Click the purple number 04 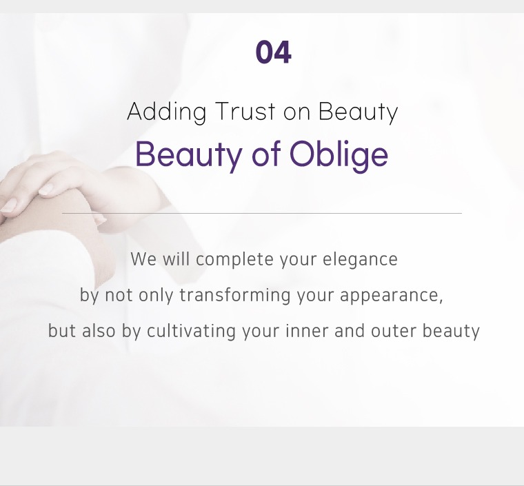tap(273, 52)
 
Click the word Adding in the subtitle tap(166, 112)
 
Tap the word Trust tap(245, 111)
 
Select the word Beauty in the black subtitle tap(359, 112)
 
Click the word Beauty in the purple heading tap(189, 155)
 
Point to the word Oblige tap(339, 155)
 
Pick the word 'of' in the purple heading tap(266, 154)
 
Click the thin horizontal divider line tap(262, 213)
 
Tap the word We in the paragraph tap(143, 259)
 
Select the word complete tap(234, 260)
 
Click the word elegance tap(360, 260)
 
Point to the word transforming tap(235, 296)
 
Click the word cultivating tap(191, 332)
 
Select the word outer tap(393, 332)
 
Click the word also tap(99, 331)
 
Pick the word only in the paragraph tap(156, 296)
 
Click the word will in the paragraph tap(176, 259)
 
